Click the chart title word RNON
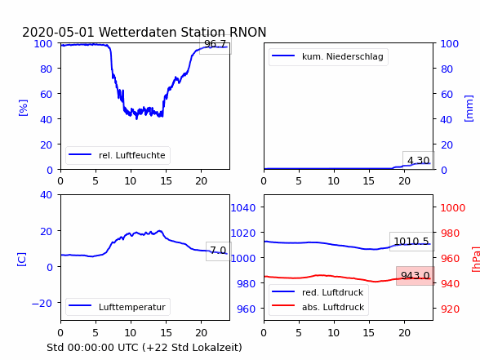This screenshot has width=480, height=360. coord(247,32)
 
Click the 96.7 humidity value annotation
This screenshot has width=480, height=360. coord(215,44)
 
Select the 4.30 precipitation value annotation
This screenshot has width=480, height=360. coord(419,160)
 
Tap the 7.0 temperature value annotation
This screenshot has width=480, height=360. coord(218,251)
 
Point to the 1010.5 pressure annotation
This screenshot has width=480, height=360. coord(411,242)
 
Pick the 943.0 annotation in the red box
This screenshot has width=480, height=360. coord(416,276)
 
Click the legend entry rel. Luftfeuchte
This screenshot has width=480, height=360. coord(118,155)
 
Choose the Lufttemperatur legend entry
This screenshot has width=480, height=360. coord(118,307)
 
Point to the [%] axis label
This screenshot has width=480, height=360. coord(23,108)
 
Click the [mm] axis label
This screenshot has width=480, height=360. coord(469,109)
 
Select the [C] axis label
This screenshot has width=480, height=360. coord(22,260)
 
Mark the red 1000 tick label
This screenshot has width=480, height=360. coord(453,208)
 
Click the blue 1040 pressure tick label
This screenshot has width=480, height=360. coord(243,208)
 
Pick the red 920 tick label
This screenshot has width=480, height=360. coord(450,309)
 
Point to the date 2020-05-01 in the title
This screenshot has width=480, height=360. coord(58,32)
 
